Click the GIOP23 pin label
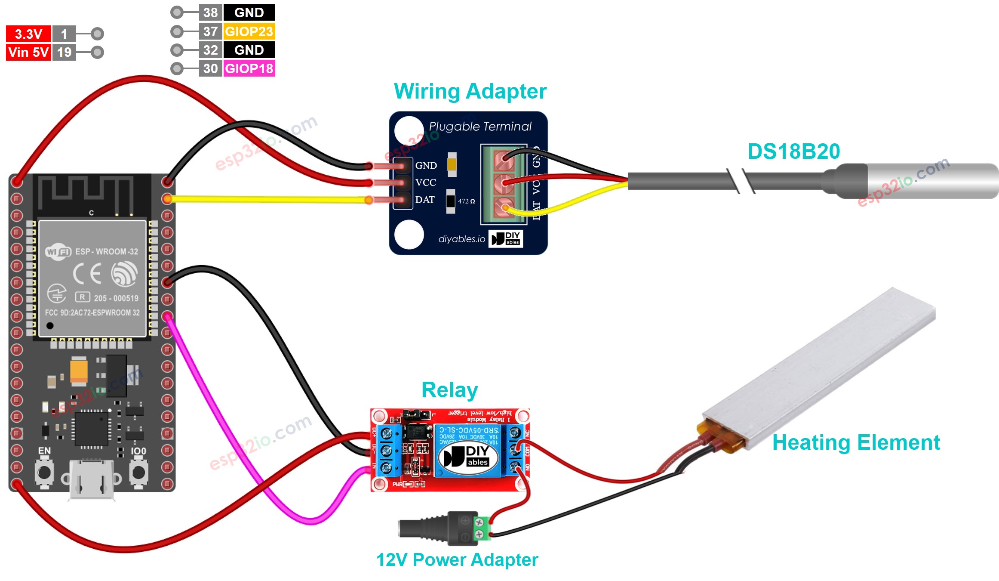pos(249,31)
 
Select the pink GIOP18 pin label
pos(249,68)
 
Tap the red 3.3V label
pos(28,34)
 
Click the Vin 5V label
pos(28,53)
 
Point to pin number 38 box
pos(210,12)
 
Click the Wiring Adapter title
pos(470,91)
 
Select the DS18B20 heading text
pos(793,151)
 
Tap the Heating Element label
pos(856,442)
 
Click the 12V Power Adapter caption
pos(457,560)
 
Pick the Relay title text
pos(449,390)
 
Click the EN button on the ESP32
pos(44,472)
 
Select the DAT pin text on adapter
pos(424,200)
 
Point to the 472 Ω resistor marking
pos(466,201)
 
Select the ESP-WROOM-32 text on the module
pos(107,251)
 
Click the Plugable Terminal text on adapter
pos(480,126)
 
